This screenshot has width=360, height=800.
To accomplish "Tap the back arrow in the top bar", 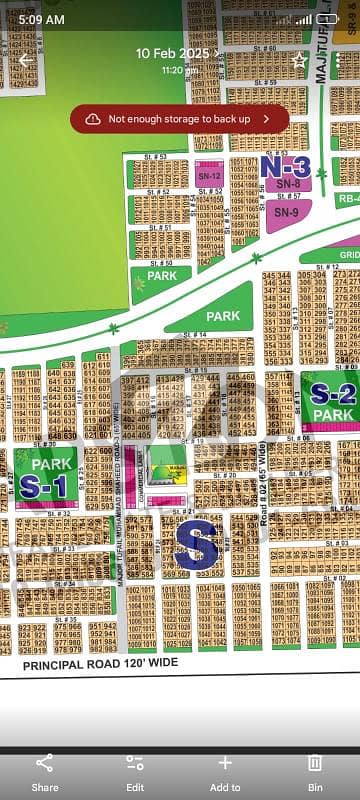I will pos(25,60).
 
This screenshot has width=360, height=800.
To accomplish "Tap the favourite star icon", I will pos(298,60).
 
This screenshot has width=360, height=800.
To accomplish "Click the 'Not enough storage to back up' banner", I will pos(180,118).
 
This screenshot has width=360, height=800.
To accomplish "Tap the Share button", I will pos(45,773).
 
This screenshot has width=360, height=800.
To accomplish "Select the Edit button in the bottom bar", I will pos(135,773).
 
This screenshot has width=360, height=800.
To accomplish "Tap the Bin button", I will pos(315,773).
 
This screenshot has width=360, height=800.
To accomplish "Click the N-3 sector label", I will pos(285,166).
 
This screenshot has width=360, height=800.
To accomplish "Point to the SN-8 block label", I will pos(288,184).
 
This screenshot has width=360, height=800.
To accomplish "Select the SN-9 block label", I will pos(286,212).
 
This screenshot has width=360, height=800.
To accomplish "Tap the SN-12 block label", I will pos(209,176).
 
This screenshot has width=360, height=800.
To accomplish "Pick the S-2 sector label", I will pos(333,393).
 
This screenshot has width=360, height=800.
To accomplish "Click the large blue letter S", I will pos(196,546).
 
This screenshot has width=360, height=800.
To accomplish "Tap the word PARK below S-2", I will pos(333,414).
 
